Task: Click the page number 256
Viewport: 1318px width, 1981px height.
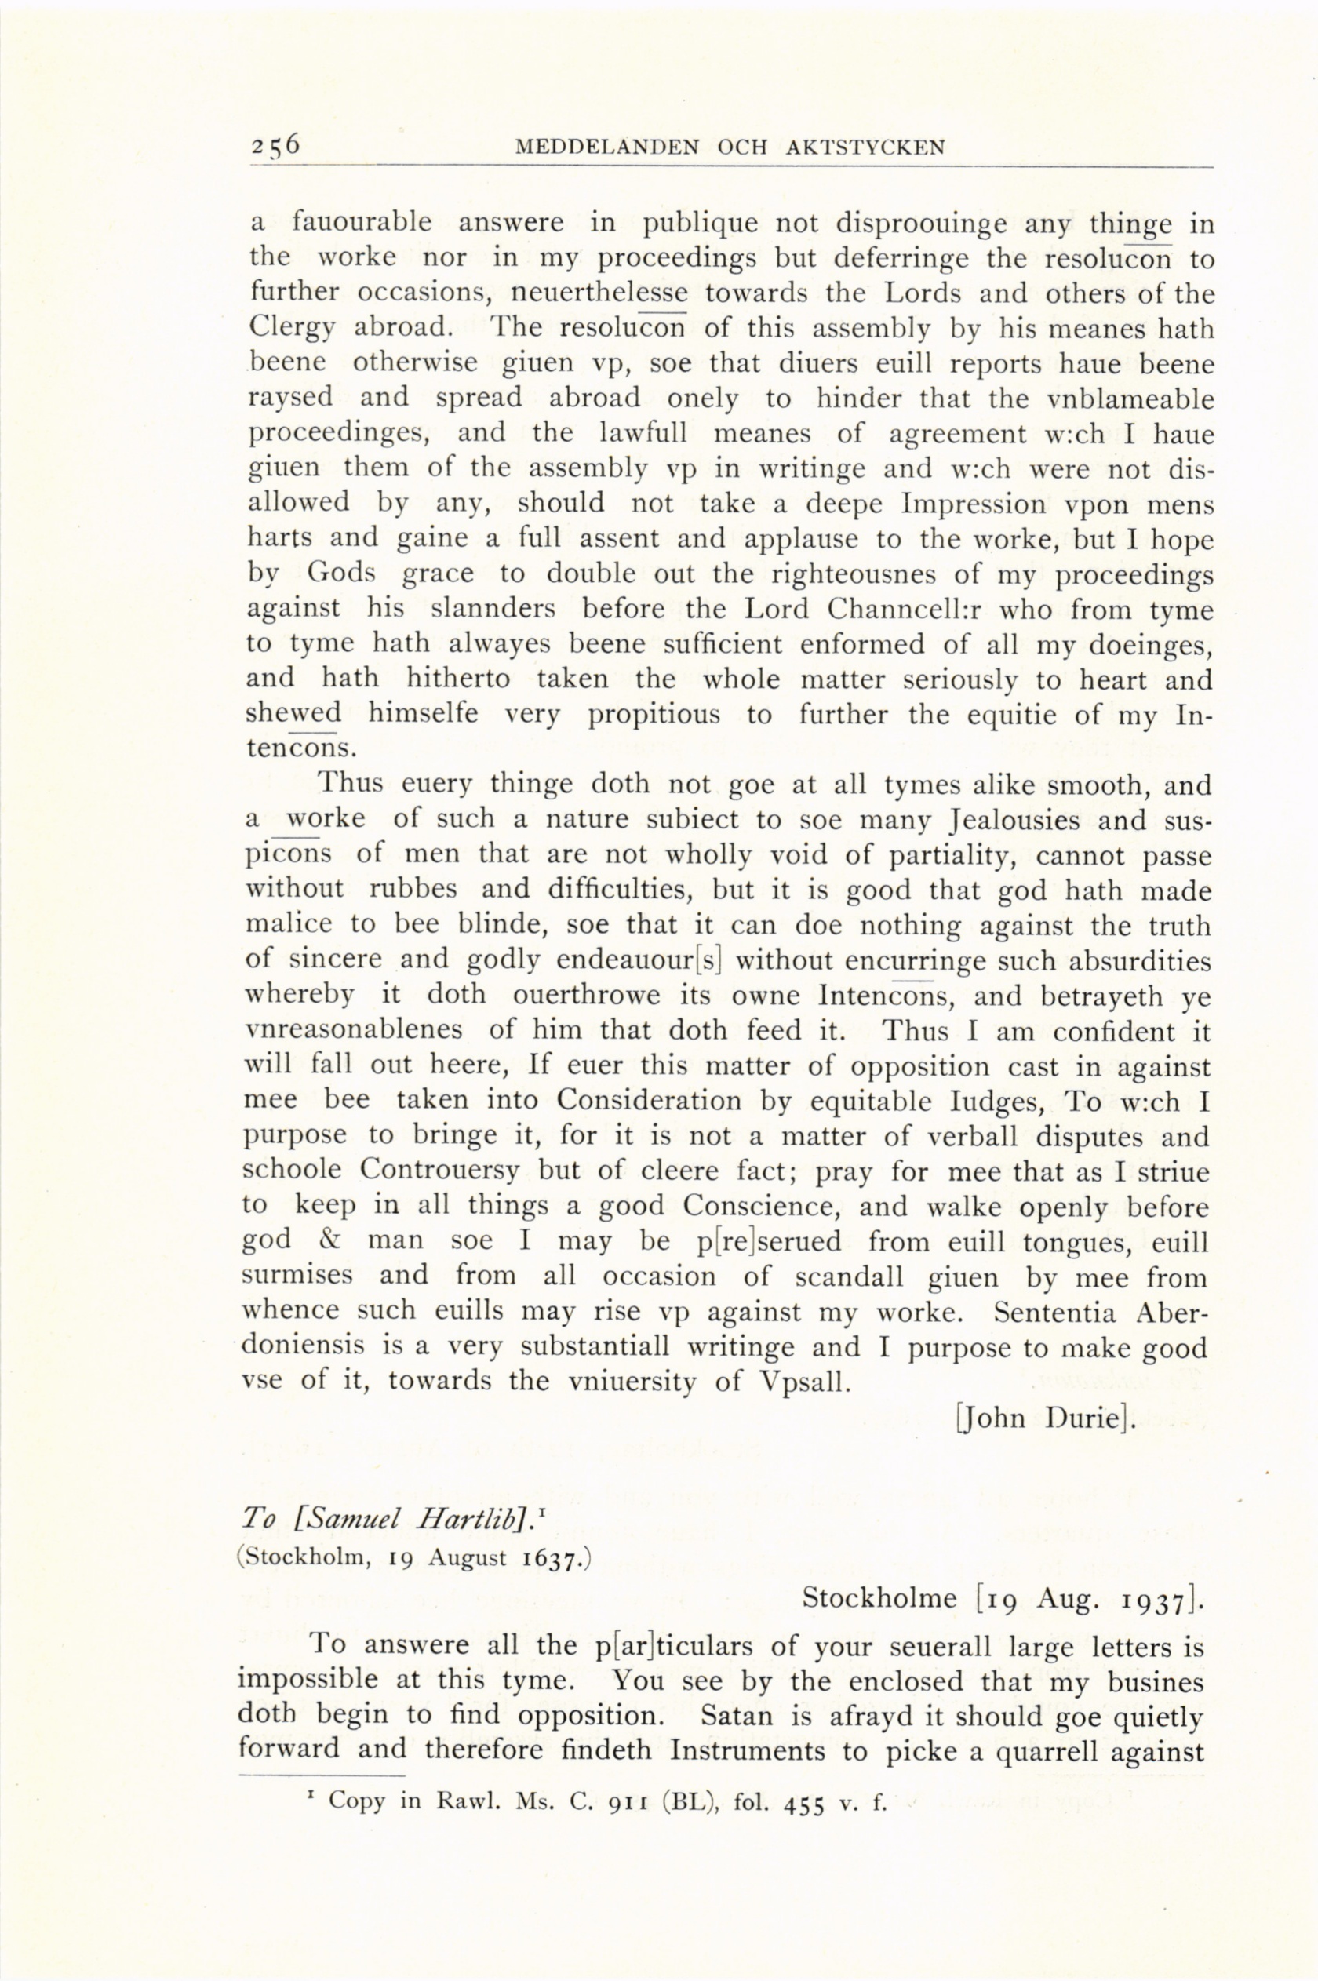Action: click(274, 145)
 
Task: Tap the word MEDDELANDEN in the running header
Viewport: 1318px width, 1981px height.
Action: click(606, 148)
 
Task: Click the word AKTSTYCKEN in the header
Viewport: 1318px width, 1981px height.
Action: click(866, 148)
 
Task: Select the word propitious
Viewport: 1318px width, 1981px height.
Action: click(653, 716)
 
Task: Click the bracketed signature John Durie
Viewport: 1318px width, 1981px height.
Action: click(1045, 1418)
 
